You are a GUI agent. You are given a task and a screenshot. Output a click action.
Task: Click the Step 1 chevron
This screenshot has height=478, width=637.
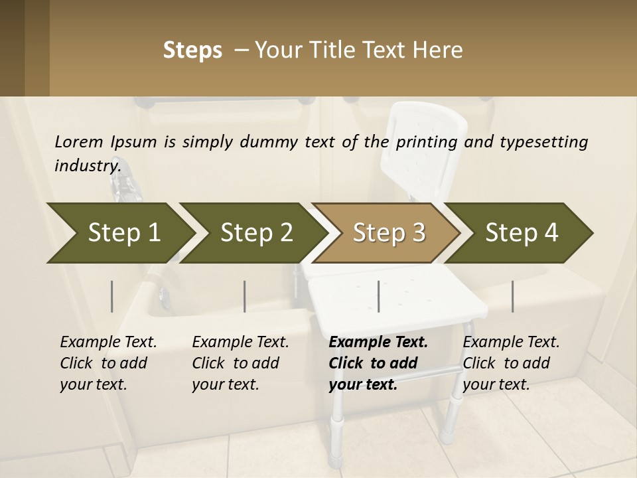click(x=123, y=232)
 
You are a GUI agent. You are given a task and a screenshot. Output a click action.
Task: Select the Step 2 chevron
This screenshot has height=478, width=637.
click(x=256, y=232)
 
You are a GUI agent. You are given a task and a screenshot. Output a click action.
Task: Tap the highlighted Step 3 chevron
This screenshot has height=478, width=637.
click(x=389, y=232)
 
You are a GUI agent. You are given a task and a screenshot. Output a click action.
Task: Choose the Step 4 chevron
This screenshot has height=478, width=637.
click(x=522, y=232)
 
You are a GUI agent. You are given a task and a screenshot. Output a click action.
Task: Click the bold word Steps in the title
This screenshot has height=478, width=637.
click(x=192, y=50)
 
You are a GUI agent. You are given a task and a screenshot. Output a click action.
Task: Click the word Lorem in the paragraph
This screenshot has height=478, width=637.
click(x=79, y=141)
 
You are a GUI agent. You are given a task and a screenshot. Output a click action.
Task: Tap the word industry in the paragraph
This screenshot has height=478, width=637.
click(x=88, y=165)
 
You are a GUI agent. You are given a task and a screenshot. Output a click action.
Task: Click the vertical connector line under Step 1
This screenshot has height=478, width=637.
click(x=112, y=296)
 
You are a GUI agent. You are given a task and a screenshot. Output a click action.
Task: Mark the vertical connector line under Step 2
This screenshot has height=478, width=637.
click(x=245, y=296)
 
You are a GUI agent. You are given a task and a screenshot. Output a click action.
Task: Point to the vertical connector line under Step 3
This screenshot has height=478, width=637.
click(x=378, y=296)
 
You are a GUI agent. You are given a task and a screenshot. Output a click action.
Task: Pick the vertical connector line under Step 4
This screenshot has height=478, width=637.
click(x=512, y=296)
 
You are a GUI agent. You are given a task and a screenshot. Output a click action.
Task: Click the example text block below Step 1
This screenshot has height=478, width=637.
click(x=108, y=363)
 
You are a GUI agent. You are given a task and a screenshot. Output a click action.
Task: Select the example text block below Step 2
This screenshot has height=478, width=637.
click(x=240, y=363)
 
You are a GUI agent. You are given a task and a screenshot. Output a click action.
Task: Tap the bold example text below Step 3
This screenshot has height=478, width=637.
click(x=378, y=363)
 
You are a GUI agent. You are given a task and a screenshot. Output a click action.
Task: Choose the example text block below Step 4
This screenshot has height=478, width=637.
click(x=511, y=363)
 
